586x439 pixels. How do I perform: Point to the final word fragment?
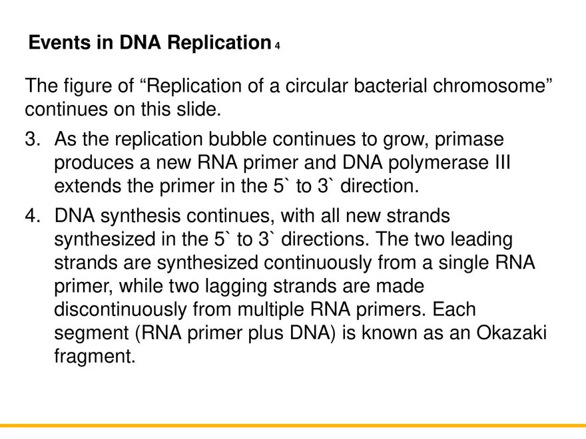coord(93,357)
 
